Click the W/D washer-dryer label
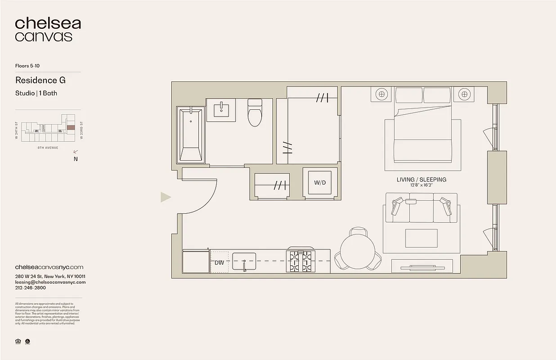point(320,183)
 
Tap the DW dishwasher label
point(220,262)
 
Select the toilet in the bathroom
point(255,113)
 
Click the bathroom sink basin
point(221,110)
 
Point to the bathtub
point(191,135)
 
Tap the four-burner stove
point(300,261)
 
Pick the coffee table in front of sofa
point(421,238)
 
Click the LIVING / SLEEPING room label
point(421,180)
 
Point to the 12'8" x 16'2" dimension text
point(421,185)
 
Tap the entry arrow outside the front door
point(166,197)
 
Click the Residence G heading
point(40,80)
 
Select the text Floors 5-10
point(31,66)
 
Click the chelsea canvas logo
point(48,30)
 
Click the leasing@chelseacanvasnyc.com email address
point(50,282)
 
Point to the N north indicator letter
point(75,159)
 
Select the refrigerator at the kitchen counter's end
point(196,261)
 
